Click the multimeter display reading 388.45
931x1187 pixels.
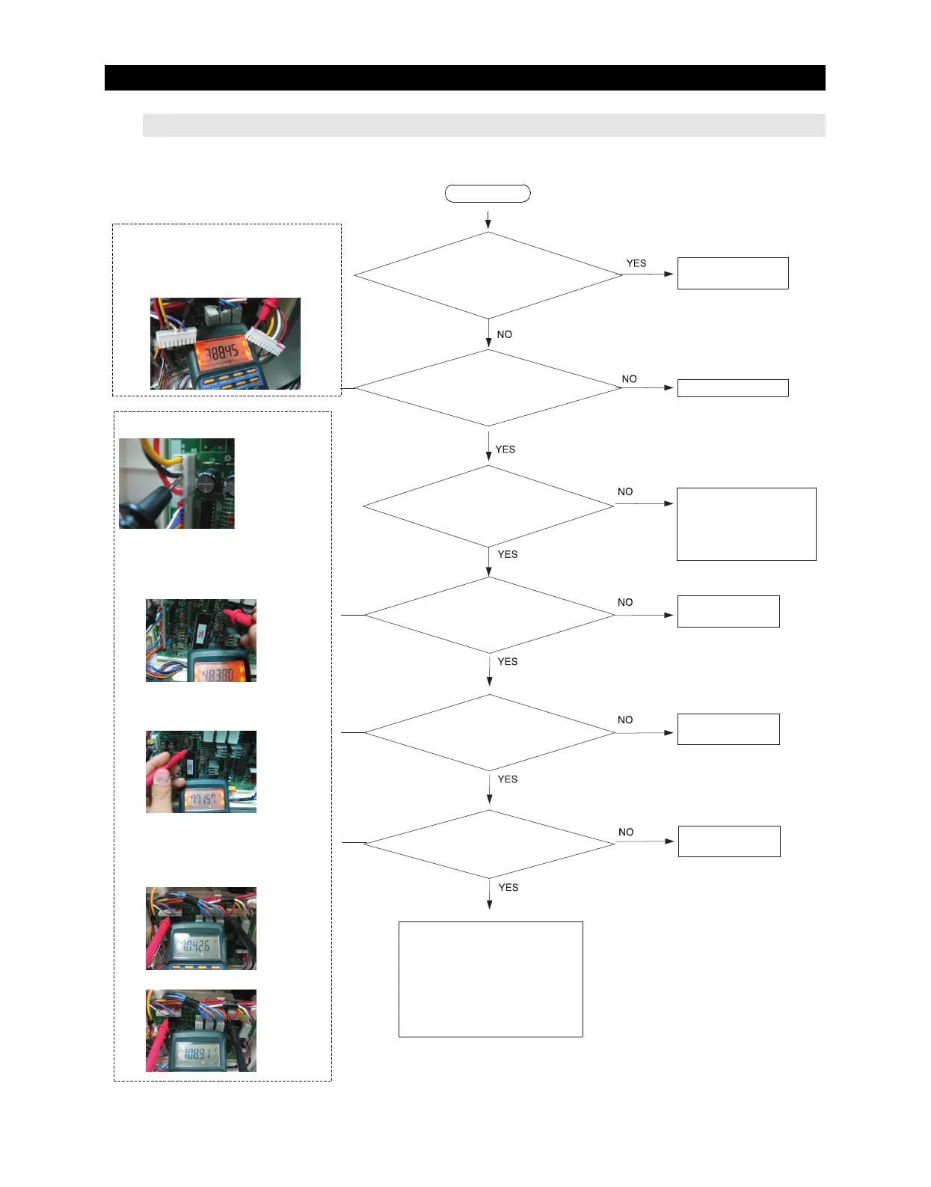221,352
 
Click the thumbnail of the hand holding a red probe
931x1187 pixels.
200,772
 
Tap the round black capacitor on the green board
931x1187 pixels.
207,484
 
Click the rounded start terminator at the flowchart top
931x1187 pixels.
488,194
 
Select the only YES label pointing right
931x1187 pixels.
636,263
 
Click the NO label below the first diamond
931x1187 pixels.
505,334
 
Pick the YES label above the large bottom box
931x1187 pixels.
508,887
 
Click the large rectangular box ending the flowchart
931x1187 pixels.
491,979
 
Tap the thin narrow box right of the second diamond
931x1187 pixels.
732,387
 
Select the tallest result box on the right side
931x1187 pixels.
746,524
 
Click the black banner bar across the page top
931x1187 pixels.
464,78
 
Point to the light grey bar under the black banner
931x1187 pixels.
483,125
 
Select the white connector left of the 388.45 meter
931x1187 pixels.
176,338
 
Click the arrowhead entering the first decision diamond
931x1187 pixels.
488,225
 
